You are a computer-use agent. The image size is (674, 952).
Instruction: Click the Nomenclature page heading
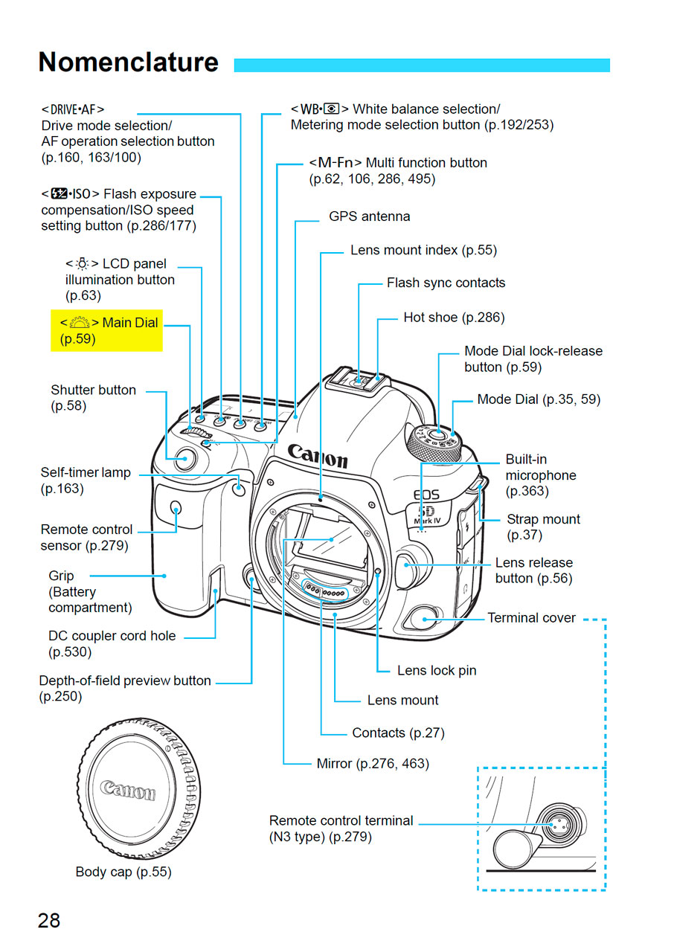pos(129,62)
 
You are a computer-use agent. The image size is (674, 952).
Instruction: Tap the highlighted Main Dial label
pos(106,331)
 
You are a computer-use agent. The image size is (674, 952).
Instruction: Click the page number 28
pos(49,921)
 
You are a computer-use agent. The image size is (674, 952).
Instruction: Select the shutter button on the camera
pos(185,459)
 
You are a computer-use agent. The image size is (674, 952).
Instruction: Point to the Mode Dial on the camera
pos(434,443)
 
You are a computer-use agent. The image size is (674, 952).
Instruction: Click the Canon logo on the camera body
pos(318,457)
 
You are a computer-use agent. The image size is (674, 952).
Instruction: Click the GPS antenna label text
pos(369,216)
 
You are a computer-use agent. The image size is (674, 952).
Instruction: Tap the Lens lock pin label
pos(437,670)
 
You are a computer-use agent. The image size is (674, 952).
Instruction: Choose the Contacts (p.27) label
pos(398,733)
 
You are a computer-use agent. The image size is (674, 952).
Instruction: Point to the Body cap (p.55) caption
pos(123,872)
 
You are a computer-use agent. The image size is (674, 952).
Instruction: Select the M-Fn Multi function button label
pos(398,170)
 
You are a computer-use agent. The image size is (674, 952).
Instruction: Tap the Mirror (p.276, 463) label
pos(373,764)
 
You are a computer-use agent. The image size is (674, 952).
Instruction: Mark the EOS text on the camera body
pos(426,495)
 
